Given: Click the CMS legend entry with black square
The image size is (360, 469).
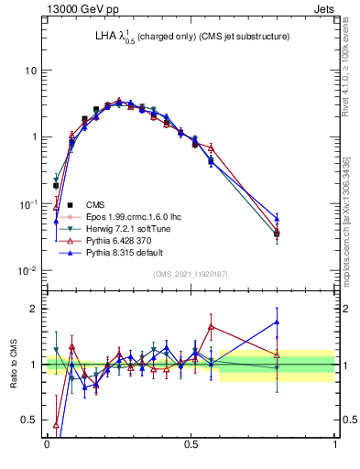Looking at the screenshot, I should click(x=95, y=204).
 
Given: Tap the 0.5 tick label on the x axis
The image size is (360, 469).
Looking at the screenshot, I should click(x=191, y=444).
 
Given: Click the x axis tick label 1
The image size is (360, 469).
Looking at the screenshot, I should click(x=334, y=444).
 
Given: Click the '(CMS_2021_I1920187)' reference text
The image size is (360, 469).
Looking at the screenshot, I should click(x=191, y=274).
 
